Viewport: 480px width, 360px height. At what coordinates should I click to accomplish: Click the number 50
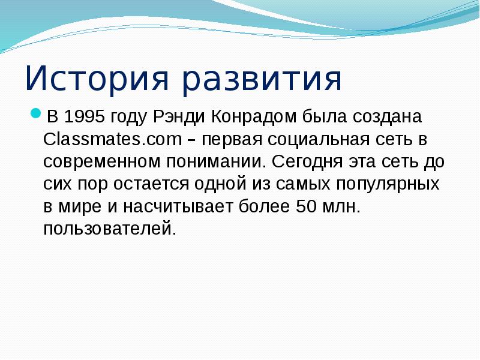[x=305, y=207]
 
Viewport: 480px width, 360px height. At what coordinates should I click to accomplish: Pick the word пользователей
[x=110, y=230]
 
